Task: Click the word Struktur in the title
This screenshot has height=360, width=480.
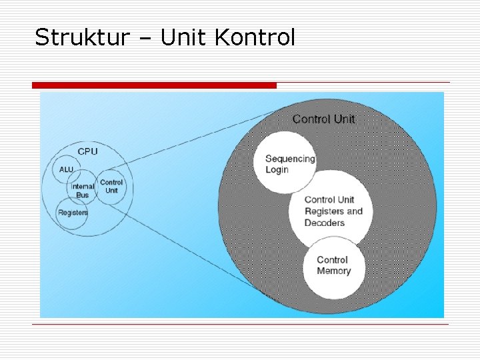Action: (80, 38)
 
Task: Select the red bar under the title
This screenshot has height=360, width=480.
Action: (154, 85)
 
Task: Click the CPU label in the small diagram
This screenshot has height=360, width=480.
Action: (87, 151)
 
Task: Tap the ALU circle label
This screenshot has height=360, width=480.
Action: (66, 170)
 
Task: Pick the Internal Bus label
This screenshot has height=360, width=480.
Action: (83, 191)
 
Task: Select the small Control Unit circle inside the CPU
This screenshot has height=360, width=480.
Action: (111, 187)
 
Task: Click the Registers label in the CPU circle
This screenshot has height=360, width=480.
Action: (73, 213)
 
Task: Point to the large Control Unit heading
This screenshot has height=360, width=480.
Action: (324, 119)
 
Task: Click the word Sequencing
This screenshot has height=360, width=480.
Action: (290, 159)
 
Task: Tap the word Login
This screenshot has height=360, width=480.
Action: (277, 169)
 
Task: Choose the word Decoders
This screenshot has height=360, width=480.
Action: (325, 223)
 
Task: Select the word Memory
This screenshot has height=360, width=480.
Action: (334, 271)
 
